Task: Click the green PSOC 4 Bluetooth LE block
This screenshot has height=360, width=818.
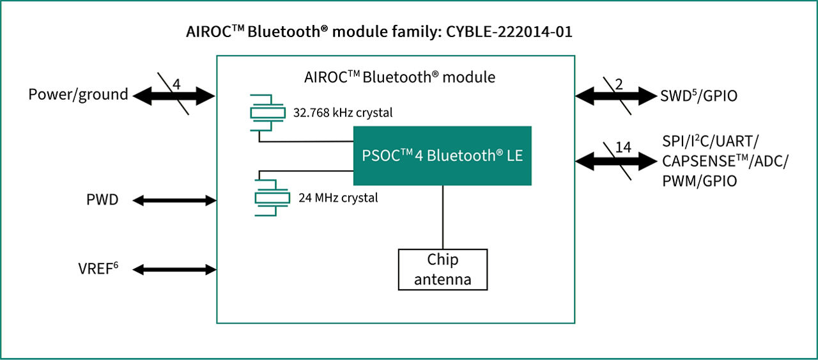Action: [442, 155]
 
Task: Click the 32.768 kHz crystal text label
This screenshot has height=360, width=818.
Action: [343, 113]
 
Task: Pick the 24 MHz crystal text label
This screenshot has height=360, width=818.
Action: [338, 198]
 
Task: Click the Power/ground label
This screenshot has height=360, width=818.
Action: [78, 95]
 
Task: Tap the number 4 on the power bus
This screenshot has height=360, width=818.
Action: [176, 84]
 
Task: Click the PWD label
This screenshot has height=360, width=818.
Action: [102, 200]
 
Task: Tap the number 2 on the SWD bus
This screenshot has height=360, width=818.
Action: [619, 84]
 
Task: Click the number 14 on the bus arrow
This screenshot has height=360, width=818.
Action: [622, 148]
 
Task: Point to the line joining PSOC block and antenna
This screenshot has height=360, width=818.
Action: [442, 217]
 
